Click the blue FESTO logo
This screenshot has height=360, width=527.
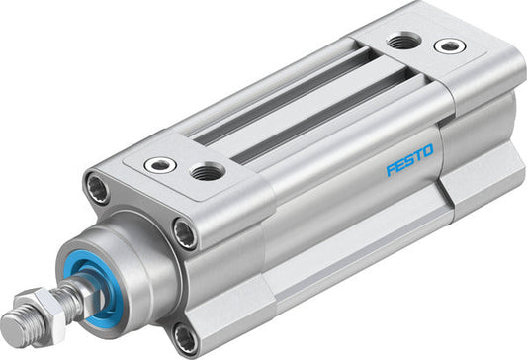coord(409,160)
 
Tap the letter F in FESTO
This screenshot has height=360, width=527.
coord(391,170)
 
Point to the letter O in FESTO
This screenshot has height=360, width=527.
coord(428,151)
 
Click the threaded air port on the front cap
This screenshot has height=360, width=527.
coord(207,171)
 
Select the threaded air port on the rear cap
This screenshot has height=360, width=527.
coord(403,41)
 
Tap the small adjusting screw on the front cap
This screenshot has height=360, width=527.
coord(160,165)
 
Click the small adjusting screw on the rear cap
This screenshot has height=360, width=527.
coord(450,45)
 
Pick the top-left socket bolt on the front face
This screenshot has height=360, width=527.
coord(98,188)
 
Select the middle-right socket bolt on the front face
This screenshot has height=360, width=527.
coord(185,233)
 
